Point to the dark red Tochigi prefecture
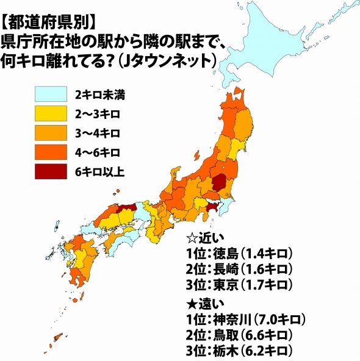(x=221, y=182)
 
